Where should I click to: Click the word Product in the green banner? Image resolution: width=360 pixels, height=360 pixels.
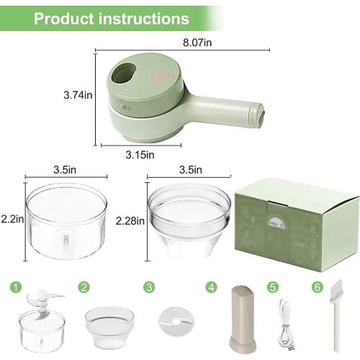[x=64, y=19]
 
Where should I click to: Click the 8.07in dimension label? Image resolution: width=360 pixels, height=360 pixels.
[x=197, y=42]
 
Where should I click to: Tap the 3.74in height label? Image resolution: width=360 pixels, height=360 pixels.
[x=78, y=95]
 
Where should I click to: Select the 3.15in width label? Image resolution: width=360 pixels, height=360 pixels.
[x=140, y=155]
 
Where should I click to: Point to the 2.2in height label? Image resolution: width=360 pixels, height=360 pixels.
[x=12, y=219]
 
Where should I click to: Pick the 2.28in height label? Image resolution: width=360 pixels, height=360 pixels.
[x=130, y=220]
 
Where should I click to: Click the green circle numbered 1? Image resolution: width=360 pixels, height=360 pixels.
[x=16, y=287]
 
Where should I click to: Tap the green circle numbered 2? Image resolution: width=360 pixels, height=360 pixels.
[x=84, y=287]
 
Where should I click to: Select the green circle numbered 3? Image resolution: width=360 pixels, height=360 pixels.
[x=149, y=287]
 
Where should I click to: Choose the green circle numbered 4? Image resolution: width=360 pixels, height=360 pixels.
[x=211, y=287]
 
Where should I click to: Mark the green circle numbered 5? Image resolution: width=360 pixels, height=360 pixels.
[x=273, y=287]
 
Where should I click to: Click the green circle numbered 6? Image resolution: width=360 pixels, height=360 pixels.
[x=318, y=287]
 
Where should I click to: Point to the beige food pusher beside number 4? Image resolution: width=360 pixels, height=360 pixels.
[x=242, y=319]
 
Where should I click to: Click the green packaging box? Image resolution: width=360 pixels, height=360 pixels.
[x=297, y=225]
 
